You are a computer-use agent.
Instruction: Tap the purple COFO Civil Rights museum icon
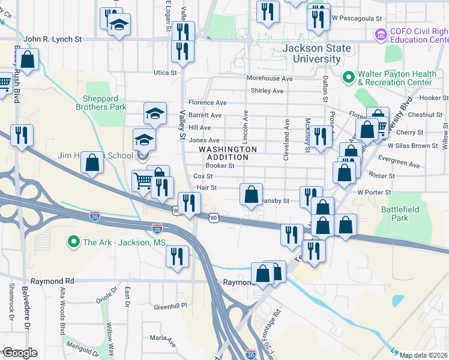[380, 35]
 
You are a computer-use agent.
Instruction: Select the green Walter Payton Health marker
[347, 77]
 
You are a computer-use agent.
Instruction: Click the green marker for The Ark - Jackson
[74, 242]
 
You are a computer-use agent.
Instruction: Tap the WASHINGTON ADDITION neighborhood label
[228, 153]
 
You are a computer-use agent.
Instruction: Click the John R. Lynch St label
[53, 39]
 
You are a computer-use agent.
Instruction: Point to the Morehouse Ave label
[270, 79]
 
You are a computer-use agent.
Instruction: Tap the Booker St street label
[219, 166]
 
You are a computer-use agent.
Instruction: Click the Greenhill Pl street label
[170, 305]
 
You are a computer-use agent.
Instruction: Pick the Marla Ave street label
[163, 340]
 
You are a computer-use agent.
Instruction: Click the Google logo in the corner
[20, 353]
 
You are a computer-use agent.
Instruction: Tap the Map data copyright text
[424, 355]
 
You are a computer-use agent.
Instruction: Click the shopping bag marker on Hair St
[252, 194]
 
